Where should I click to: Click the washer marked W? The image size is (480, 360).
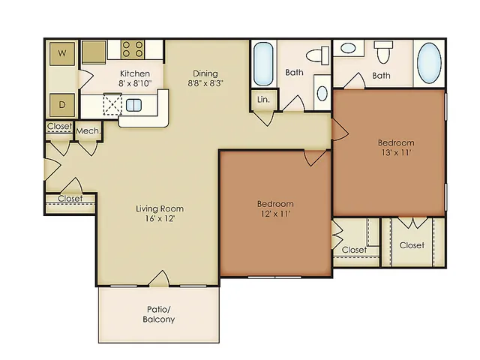[x=62, y=53]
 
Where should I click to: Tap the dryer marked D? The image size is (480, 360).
[x=62, y=105]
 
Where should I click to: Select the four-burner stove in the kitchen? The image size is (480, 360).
[x=133, y=49]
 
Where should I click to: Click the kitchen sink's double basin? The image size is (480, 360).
[x=133, y=105]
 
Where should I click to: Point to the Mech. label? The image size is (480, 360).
[x=88, y=131]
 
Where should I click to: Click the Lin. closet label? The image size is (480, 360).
[x=263, y=100]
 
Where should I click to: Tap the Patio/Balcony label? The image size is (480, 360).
[x=158, y=314]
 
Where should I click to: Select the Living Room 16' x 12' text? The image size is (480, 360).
[x=160, y=213]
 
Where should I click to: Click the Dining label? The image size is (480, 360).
[x=205, y=73]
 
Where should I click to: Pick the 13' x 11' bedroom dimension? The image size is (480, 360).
[x=396, y=152]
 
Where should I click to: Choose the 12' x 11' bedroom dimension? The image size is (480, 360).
[x=275, y=214]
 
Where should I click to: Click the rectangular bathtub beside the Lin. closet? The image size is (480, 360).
[x=263, y=64]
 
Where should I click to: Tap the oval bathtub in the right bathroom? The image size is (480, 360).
[x=429, y=63]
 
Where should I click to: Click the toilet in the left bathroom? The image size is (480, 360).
[x=317, y=55]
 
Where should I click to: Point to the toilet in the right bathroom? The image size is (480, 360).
[x=383, y=52]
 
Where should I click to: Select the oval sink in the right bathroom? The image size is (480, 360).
[x=348, y=48]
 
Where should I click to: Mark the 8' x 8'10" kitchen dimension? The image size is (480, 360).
[x=135, y=83]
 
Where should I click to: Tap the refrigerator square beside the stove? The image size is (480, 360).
[x=93, y=52]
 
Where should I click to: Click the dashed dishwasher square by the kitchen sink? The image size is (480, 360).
[x=112, y=104]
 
